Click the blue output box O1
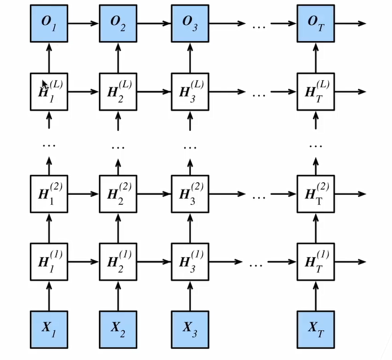point(48,24)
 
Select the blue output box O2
point(118,24)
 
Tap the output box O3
point(190,24)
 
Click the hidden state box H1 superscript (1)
point(48,262)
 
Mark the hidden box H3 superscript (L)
point(190,91)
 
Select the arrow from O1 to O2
point(83,24)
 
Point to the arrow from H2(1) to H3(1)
point(154,262)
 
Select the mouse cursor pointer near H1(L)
point(45,85)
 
